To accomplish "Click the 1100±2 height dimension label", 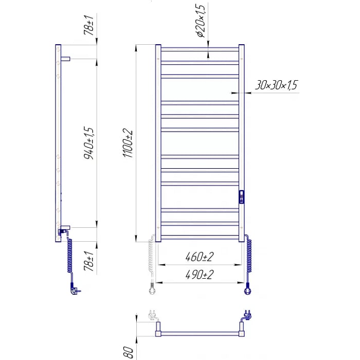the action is point(128,143).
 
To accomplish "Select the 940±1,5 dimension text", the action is point(89,143).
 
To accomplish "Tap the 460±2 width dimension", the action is point(200,257).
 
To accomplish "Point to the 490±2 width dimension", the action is point(200,275).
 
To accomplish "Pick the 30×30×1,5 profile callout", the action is point(276,85).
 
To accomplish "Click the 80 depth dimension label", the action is point(129,353).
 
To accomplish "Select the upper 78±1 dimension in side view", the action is point(89,25).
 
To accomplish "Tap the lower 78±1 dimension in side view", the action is point(89,261).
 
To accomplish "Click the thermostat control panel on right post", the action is point(242,197).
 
